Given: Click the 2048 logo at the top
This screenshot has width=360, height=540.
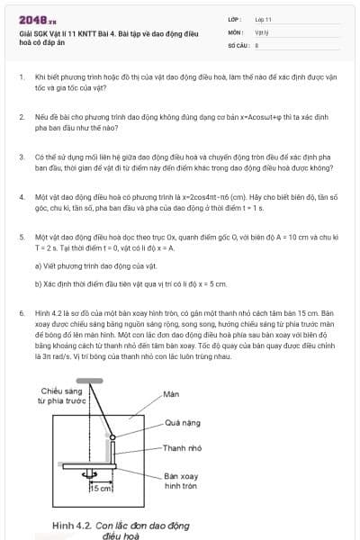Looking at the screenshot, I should click(31, 18).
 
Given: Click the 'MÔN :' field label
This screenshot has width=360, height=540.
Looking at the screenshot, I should click(235, 31).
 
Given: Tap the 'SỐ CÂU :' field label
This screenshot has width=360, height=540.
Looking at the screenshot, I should click(238, 43).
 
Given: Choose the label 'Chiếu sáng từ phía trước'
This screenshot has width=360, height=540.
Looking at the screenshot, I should click(60, 396).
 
